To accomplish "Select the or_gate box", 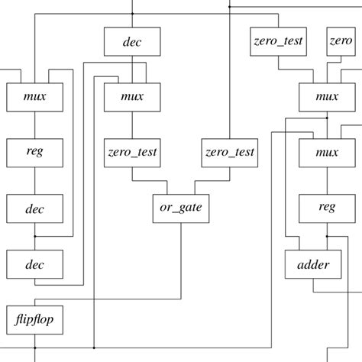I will click(180, 208).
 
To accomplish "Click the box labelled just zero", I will click(341, 40).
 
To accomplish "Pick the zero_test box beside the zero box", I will click(279, 40).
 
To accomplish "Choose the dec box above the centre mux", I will click(132, 41).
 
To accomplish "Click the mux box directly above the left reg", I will click(35, 97).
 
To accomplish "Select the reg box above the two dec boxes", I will click(35, 152).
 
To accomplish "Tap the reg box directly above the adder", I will click(327, 208).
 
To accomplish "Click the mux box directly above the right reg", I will click(327, 152).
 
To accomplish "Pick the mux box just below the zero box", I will click(327, 97).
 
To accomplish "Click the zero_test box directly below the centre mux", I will click(133, 152).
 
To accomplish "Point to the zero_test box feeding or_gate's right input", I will click(230, 152).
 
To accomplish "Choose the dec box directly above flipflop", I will click(35, 265).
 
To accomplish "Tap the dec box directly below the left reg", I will click(35, 208).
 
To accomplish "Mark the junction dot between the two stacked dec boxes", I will click(35, 236).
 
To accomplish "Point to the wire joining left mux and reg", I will click(35, 124).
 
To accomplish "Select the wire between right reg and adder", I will click(327, 236).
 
